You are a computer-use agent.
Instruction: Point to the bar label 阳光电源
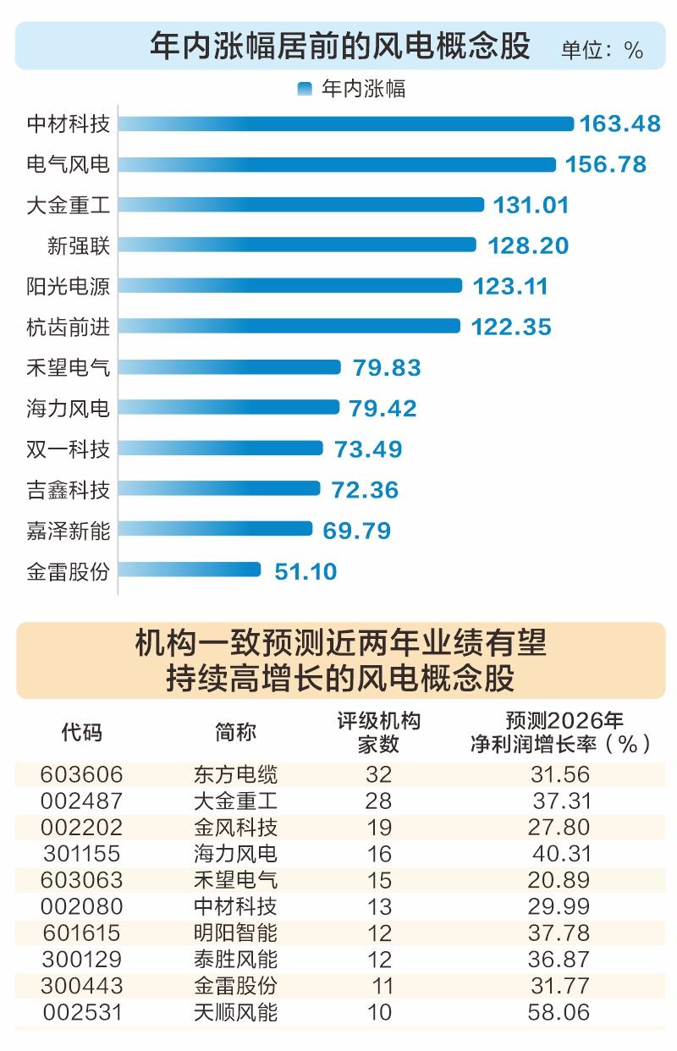coord(68,286)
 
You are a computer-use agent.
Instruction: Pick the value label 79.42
coord(383,408)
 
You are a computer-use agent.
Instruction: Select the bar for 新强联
coord(297,245)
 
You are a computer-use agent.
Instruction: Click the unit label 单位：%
coord(602,50)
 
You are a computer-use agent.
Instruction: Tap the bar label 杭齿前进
coord(68,327)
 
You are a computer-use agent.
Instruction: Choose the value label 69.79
coord(357,531)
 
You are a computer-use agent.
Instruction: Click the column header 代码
coord(81,732)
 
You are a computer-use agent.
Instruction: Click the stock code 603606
coord(81,774)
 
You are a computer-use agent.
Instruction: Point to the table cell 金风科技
coord(235,827)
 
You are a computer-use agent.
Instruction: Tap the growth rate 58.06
coord(559,1012)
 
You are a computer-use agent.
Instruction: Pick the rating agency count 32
coord(379,774)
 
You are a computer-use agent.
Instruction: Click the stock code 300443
coord(81,986)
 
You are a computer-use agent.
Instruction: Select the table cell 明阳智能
coord(235,933)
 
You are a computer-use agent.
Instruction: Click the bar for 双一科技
coord(220,448)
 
